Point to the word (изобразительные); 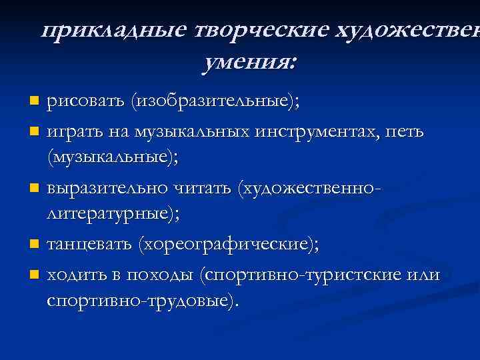coord(215,102)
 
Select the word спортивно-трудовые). coord(142,302)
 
